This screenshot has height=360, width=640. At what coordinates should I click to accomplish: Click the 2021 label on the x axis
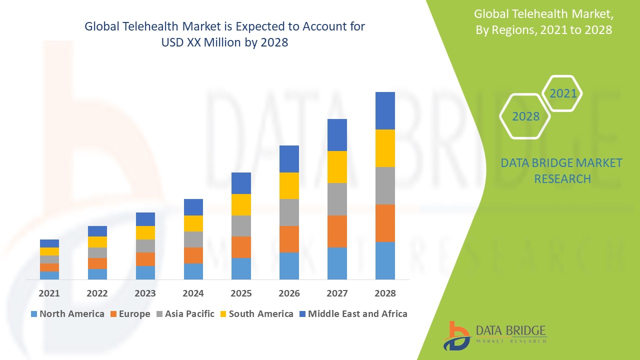click(x=49, y=293)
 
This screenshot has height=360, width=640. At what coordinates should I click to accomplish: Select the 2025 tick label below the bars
click(x=241, y=293)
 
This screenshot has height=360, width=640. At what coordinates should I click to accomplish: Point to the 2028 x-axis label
click(x=385, y=293)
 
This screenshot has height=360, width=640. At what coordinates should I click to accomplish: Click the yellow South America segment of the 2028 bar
click(x=385, y=148)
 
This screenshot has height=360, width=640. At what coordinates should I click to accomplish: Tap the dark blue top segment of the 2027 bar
click(x=337, y=135)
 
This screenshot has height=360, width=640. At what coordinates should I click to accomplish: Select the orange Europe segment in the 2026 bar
click(x=289, y=239)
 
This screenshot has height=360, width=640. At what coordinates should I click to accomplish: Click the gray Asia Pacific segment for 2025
click(x=241, y=226)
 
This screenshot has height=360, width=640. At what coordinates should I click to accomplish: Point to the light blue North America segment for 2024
click(x=193, y=271)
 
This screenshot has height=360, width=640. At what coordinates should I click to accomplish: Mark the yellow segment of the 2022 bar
click(x=97, y=242)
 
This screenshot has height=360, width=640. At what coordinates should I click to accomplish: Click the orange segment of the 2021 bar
click(x=49, y=267)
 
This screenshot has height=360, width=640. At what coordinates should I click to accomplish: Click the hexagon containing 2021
click(x=562, y=93)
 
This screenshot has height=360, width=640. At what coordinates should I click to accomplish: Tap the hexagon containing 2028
click(x=525, y=116)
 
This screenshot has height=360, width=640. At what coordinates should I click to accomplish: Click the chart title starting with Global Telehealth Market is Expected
click(x=224, y=34)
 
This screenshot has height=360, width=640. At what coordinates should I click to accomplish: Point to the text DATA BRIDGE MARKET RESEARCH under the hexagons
click(x=561, y=170)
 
